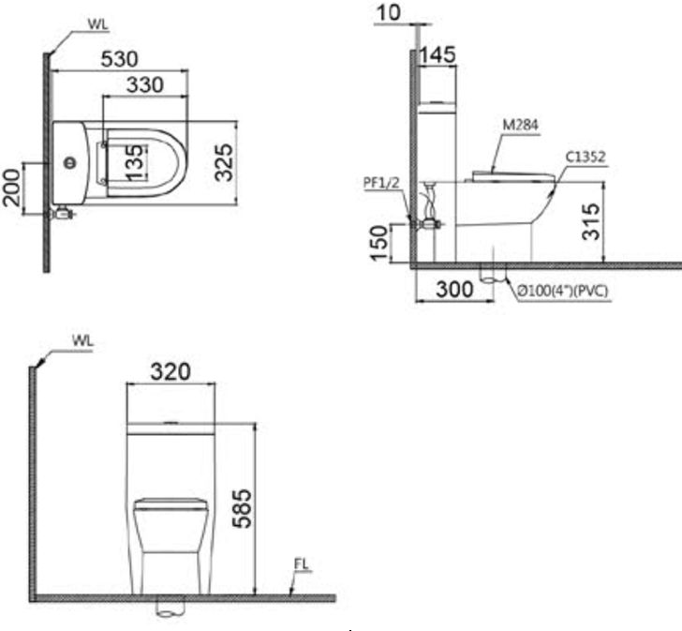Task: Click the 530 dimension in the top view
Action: click(119, 59)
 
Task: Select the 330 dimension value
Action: click(145, 84)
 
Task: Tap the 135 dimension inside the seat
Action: click(135, 162)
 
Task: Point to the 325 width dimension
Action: click(224, 162)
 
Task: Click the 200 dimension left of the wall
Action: click(12, 188)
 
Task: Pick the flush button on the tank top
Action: click(70, 163)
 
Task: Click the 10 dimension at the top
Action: click(389, 12)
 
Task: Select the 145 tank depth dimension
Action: click(437, 54)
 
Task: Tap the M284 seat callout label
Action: click(521, 125)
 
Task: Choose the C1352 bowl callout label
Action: click(586, 157)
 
